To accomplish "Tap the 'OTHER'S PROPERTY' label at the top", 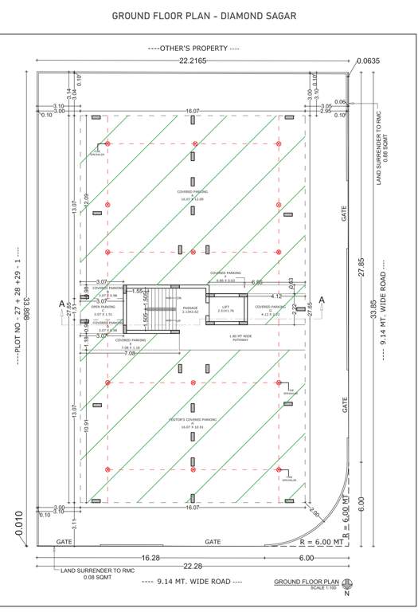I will click(x=193, y=49).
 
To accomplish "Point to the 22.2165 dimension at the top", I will click(x=193, y=61).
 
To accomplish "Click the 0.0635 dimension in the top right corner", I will click(x=369, y=61).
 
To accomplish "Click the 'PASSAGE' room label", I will click(x=189, y=307).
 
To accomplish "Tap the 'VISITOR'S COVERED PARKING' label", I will click(x=193, y=419).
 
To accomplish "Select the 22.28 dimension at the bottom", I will click(x=193, y=567).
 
